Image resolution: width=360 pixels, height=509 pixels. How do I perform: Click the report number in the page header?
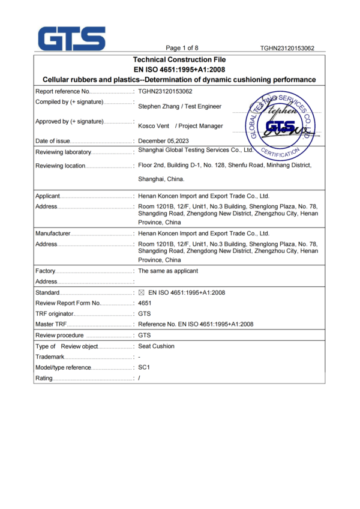point(287,48)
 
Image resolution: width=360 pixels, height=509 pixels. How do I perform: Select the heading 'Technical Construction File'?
point(179,59)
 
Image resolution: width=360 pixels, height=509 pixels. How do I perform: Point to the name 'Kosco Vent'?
point(154,126)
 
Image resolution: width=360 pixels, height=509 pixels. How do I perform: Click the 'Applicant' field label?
point(48,196)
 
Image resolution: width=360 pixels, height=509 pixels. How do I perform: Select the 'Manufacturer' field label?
point(53,233)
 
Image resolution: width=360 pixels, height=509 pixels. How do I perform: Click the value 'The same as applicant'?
point(168,271)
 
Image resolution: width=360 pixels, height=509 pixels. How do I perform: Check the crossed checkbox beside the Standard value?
point(142,292)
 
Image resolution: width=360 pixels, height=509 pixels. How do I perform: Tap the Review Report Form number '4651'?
point(145,303)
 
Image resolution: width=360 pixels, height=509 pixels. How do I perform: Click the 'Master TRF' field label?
point(51,324)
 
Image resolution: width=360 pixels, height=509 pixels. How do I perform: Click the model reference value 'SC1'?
point(143,367)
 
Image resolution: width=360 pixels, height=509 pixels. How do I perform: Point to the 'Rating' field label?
point(44,378)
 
